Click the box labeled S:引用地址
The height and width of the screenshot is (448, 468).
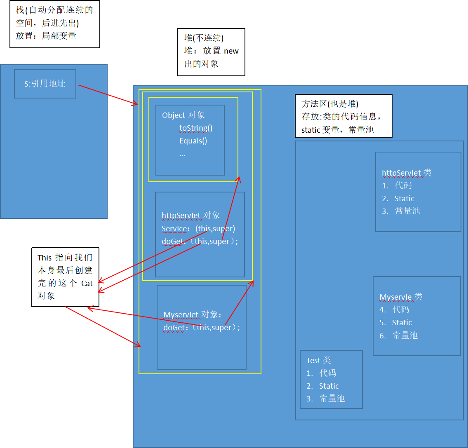click(45, 84)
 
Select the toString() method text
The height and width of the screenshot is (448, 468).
click(196, 128)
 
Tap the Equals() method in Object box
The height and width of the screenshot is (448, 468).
click(193, 141)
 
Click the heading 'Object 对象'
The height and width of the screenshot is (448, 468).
click(183, 115)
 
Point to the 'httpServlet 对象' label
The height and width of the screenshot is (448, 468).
click(191, 216)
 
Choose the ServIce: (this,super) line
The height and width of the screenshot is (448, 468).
click(198, 229)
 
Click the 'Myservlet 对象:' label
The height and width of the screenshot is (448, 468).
click(193, 315)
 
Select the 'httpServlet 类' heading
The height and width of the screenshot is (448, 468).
click(407, 173)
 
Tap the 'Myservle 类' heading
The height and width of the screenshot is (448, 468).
click(401, 297)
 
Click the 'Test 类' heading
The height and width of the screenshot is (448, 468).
click(318, 361)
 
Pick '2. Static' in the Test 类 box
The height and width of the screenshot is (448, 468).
click(323, 386)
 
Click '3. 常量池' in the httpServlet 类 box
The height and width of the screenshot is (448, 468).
click(401, 211)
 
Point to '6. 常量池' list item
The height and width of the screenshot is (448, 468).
click(399, 336)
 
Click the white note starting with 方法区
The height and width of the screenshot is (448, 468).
click(343, 116)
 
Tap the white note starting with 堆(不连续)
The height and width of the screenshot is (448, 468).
click(211, 52)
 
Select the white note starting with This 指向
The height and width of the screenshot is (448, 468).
click(65, 277)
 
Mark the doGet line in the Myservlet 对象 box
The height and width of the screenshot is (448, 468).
click(202, 328)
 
